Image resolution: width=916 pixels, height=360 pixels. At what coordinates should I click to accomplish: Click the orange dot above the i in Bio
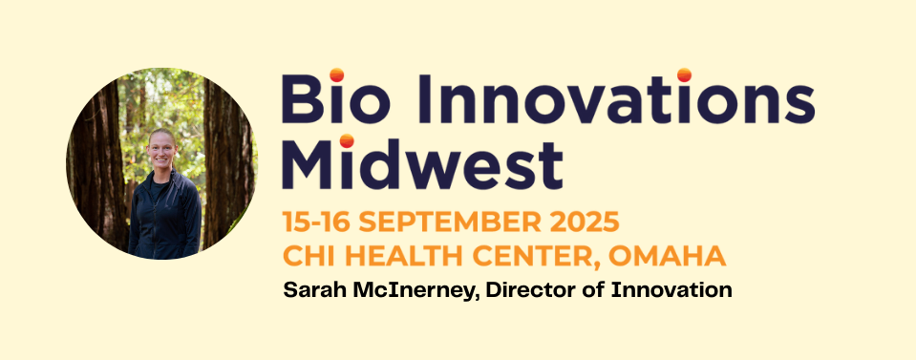[x=336, y=74]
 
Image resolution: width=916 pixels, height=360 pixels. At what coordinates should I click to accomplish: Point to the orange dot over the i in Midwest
[x=347, y=140]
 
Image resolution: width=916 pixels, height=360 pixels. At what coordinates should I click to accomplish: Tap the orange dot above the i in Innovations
[x=684, y=74]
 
